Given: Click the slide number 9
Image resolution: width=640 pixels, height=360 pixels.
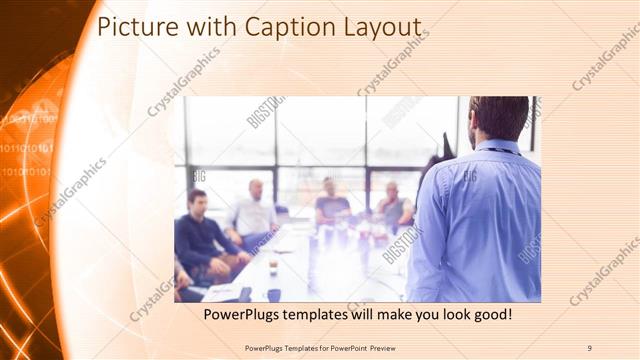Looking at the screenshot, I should coord(589,348).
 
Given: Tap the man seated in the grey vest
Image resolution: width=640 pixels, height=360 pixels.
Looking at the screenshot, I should coord(394,206).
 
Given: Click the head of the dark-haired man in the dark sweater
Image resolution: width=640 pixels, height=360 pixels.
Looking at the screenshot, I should coord(197,199).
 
